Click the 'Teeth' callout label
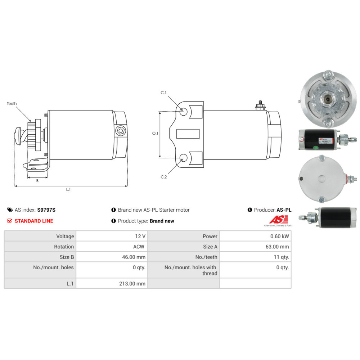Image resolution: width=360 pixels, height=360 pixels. [x=12, y=104]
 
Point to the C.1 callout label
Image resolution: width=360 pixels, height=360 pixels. [x=163, y=93]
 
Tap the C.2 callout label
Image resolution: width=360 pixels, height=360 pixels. [x=164, y=177]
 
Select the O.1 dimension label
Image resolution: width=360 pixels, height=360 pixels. [x=155, y=133]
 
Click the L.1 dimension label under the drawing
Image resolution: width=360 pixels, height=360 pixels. [x=68, y=189]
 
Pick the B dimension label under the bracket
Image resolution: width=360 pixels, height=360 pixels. [x=37, y=181]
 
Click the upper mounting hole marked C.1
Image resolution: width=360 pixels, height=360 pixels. [x=183, y=112]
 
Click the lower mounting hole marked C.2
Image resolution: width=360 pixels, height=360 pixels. [x=183, y=158]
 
